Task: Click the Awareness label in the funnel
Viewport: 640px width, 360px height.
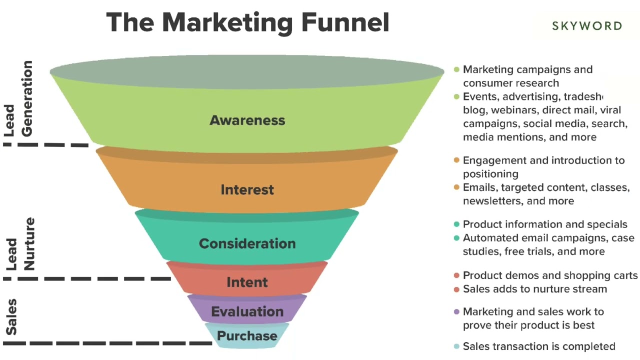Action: [x=247, y=120]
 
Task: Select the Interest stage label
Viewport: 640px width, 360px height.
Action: [x=247, y=190]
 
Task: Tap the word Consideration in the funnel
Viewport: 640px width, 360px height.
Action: [x=247, y=243]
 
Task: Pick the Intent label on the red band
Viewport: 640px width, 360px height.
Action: [x=247, y=282]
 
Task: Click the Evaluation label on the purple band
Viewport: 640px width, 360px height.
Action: [x=247, y=312]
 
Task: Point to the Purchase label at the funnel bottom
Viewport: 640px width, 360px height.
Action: [x=247, y=335]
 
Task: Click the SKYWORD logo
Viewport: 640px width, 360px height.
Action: [x=587, y=26]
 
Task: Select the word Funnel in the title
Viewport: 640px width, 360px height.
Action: [x=345, y=22]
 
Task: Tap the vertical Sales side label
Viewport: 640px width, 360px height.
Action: [x=11, y=317]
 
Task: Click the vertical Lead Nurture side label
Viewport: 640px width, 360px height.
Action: [x=20, y=244]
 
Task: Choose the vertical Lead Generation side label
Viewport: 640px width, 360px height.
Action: [x=19, y=99]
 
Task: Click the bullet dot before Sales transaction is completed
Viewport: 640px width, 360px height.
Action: [x=456, y=346]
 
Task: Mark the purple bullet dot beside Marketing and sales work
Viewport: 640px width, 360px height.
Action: [x=456, y=312]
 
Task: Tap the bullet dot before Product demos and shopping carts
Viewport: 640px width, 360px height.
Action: [x=456, y=275]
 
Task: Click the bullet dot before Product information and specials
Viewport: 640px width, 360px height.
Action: [x=456, y=224]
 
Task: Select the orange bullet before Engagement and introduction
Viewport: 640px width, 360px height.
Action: [x=456, y=160]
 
